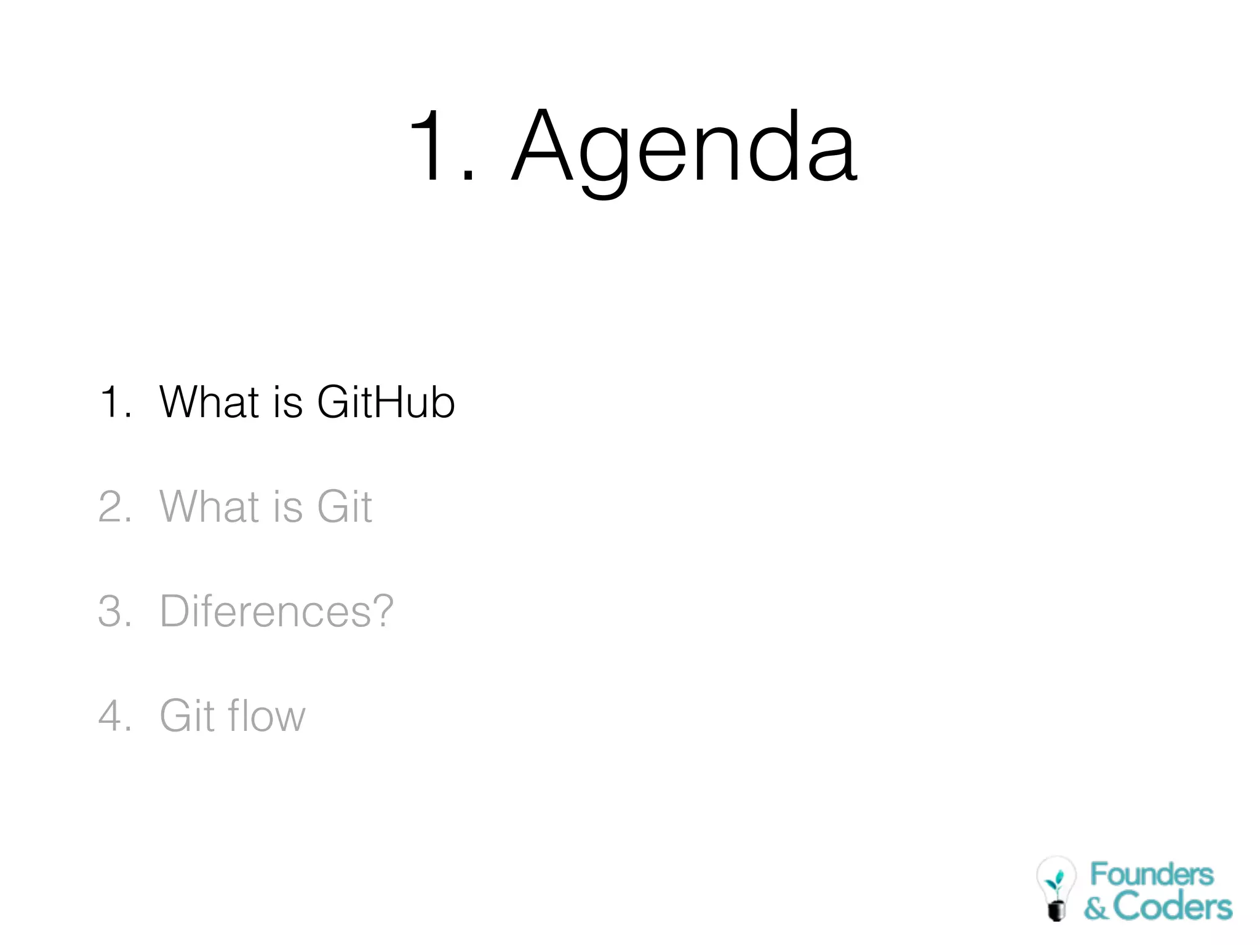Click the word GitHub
pos(386,402)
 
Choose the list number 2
pos(112,506)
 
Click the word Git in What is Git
pos(345,506)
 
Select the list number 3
pos(112,611)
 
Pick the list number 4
pos(112,716)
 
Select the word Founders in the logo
pos(1152,875)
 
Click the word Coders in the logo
pos(1172,907)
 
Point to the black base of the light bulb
pos(1056,909)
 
